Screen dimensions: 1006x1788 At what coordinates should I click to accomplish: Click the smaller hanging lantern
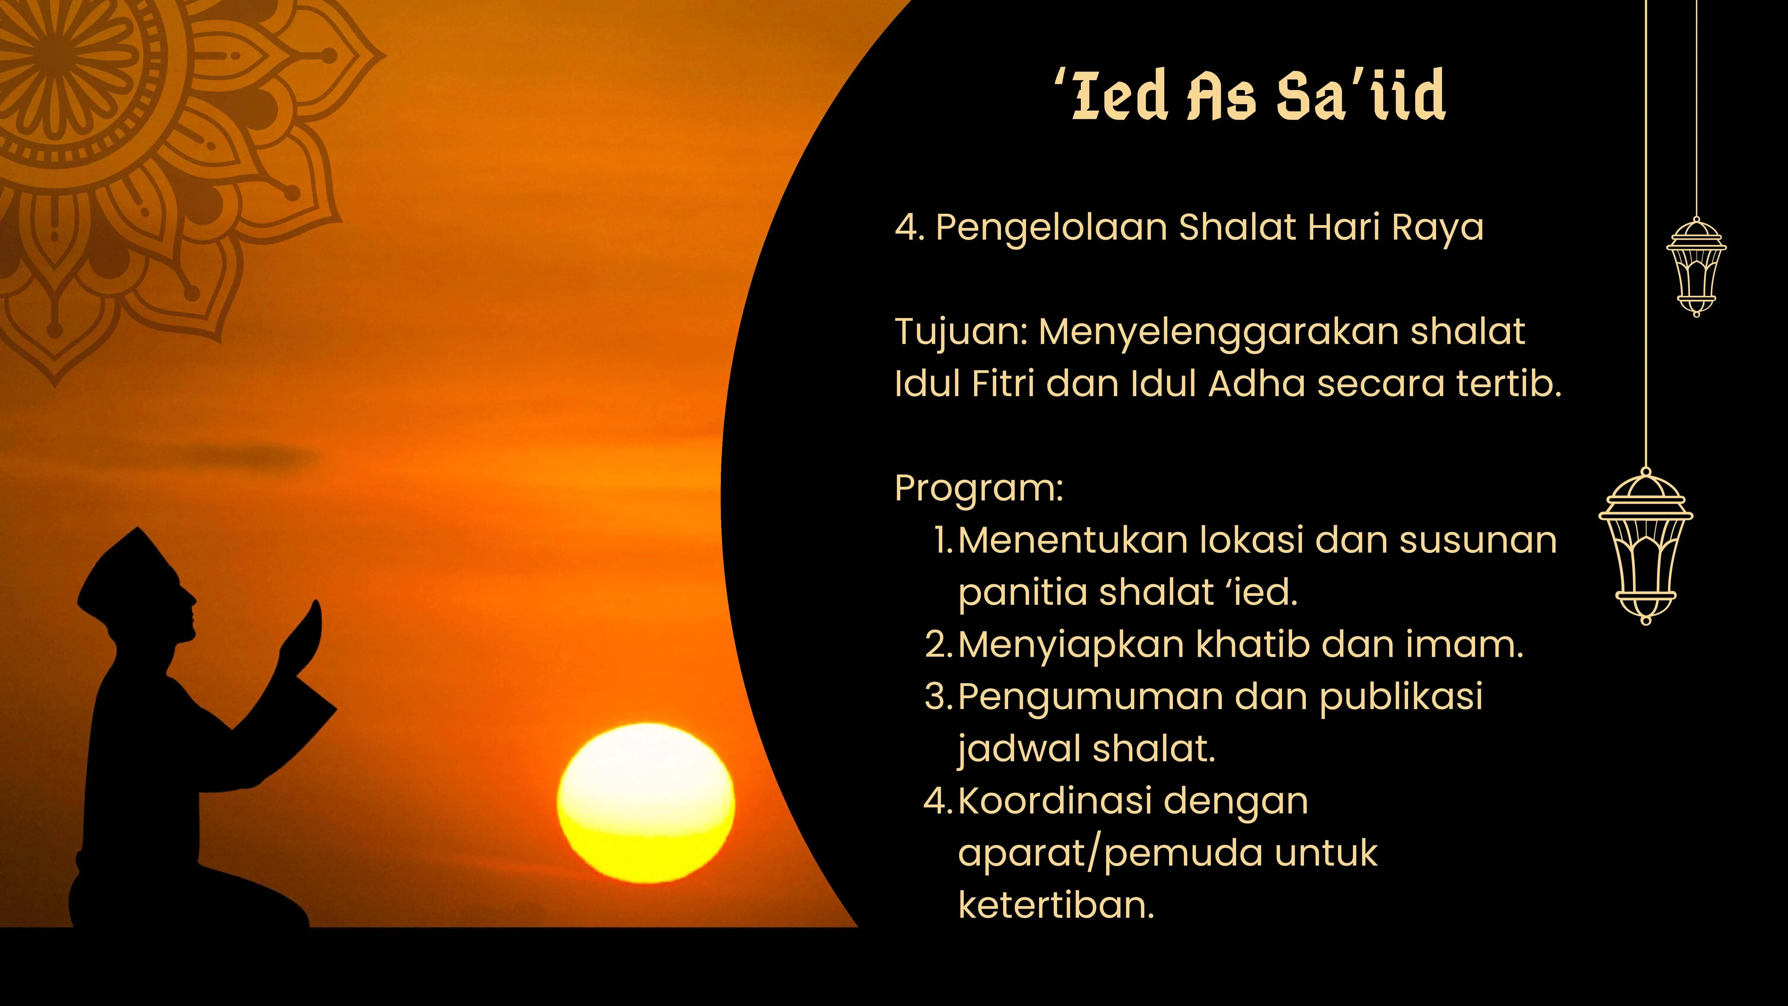point(1696,267)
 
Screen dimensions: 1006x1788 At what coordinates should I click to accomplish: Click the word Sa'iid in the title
point(1360,96)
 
